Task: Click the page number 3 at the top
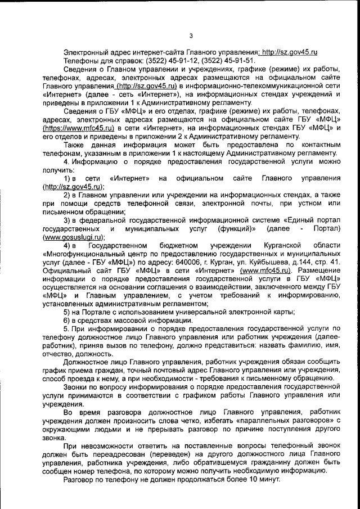pos(191,37)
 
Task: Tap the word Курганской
pos(281,246)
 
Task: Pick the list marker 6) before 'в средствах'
pos(67,320)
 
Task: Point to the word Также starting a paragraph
pos(75,146)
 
